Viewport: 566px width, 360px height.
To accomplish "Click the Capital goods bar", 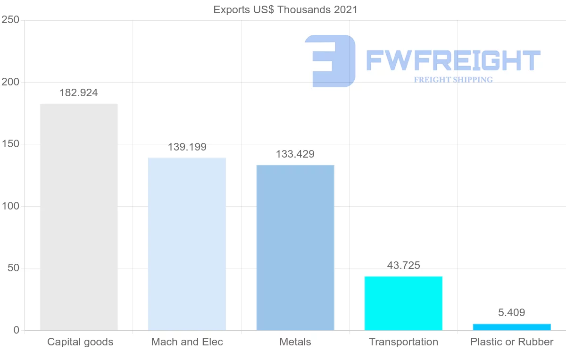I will coord(79,217).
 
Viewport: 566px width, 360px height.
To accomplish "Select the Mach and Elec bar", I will coord(187,244).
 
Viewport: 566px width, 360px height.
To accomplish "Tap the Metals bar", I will coord(295,248).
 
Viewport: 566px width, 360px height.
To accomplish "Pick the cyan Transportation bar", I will coord(403,303).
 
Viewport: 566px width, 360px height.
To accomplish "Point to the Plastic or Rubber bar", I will coord(512,327).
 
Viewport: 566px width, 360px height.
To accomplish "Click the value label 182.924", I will coord(79,93).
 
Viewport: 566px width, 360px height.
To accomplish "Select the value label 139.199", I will coord(187,147).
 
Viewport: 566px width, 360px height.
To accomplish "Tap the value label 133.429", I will coord(295,154).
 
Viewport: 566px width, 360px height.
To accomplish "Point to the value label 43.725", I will coord(403,266).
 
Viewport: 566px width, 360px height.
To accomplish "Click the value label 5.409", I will coord(512,312).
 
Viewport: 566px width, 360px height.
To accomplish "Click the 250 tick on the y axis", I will coord(10,20).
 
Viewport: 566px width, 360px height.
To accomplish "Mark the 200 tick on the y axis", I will coord(10,82).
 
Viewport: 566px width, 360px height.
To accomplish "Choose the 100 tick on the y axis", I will coord(10,206).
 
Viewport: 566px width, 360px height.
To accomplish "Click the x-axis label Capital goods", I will coord(80,342).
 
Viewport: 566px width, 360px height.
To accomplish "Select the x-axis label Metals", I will coord(295,342).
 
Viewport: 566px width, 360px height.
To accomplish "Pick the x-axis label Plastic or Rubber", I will coord(512,342).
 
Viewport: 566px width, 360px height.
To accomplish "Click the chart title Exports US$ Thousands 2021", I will coord(285,9).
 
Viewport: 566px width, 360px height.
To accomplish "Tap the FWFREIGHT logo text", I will coord(453,61).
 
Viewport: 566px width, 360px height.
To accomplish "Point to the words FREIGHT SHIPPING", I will coord(453,80).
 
